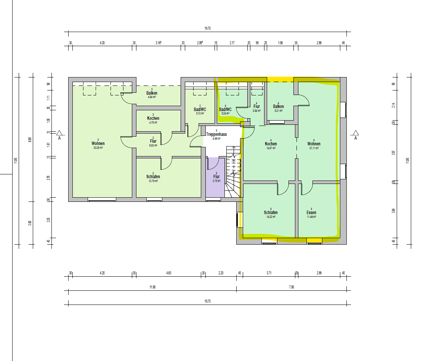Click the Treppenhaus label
216,135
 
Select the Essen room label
311,213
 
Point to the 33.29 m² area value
98,148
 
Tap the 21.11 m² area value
314,148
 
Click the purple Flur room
215,177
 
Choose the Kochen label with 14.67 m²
271,144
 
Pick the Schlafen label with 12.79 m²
153,177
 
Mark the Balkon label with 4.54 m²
152,93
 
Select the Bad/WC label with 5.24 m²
225,110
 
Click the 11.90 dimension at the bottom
152,287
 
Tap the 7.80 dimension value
292,287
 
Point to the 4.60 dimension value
168,273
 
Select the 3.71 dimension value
269,273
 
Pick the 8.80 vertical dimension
30,140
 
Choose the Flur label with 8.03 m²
153,141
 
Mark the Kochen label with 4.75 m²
153,118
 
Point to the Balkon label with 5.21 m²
278,106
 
